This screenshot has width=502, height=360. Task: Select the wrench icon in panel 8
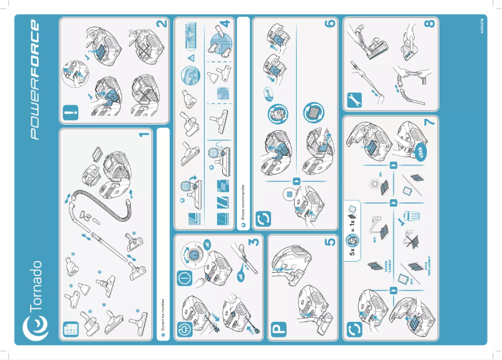(352, 100)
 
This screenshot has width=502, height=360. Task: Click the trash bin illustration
(413, 216)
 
